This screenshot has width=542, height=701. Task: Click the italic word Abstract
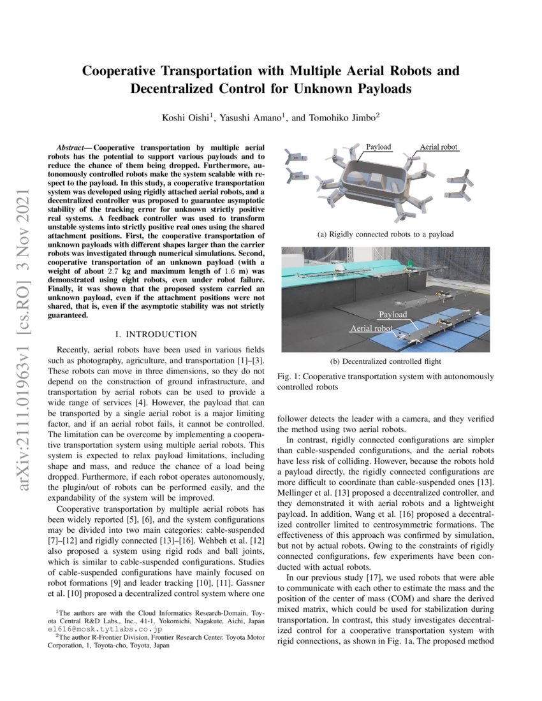coord(68,147)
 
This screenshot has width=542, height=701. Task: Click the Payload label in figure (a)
coord(378,147)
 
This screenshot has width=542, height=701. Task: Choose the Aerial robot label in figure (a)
coord(439,147)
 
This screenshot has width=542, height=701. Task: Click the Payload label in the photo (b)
coord(393,315)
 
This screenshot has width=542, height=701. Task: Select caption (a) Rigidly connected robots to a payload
coord(385,235)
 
